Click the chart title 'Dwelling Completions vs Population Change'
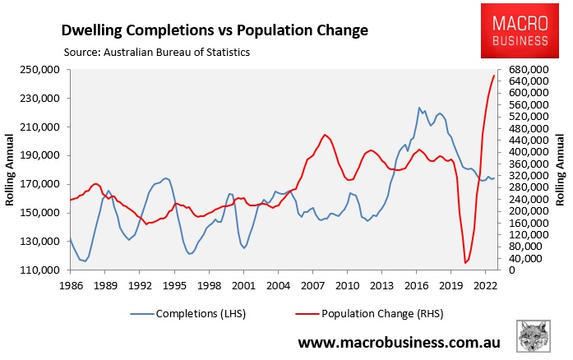[215, 30]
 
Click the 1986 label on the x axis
[70, 284]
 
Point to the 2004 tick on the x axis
[278, 284]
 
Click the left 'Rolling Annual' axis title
[12, 170]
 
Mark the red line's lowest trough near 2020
[465, 263]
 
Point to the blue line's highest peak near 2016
[419, 108]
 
